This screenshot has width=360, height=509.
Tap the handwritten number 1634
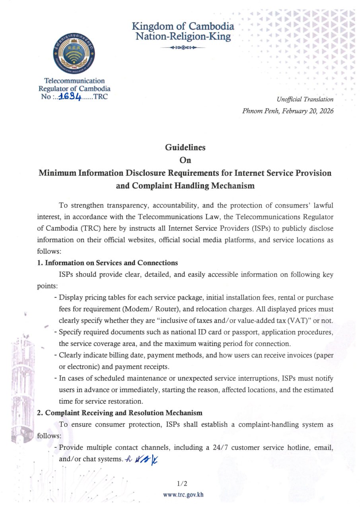point(70,97)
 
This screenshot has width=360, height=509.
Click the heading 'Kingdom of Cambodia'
point(183,27)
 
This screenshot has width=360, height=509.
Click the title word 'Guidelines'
point(185,147)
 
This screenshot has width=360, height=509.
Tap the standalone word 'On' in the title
point(185,160)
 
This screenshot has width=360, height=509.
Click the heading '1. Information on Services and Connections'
point(107,263)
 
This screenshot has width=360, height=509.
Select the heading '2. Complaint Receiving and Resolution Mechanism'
point(120,413)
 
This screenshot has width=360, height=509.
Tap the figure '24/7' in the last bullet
point(218,447)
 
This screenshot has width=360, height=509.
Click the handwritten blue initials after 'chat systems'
point(142,459)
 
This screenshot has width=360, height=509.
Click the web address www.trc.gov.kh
point(183,495)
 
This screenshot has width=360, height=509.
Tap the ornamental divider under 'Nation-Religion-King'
point(183,48)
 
